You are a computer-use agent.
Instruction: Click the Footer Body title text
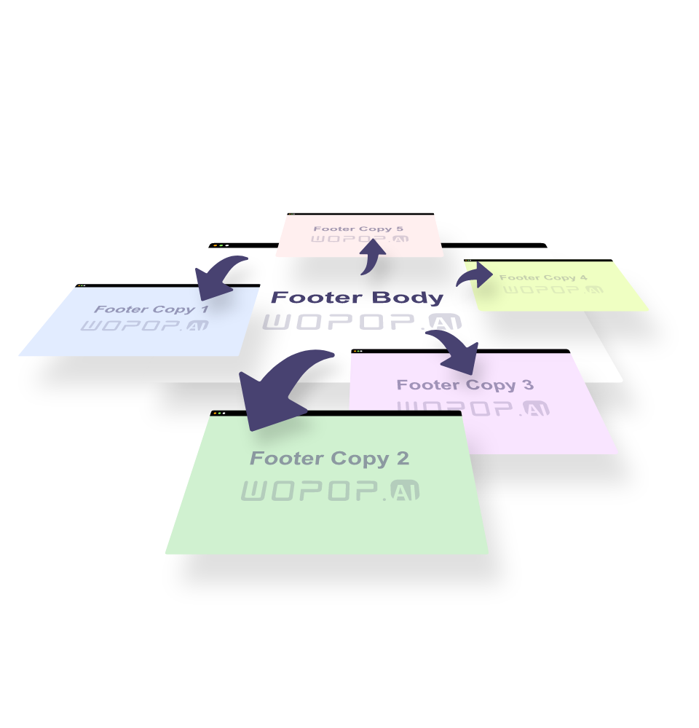[357, 298]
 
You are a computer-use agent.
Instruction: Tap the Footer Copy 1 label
[151, 309]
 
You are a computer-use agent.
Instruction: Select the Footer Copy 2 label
[329, 459]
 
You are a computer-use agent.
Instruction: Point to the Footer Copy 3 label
[465, 385]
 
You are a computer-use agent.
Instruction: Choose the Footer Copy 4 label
[543, 277]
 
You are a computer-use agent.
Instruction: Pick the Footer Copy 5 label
[358, 229]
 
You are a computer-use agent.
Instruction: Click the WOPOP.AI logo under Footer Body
[362, 323]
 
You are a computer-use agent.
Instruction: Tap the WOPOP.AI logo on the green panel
[330, 491]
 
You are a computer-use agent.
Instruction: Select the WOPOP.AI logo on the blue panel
[144, 325]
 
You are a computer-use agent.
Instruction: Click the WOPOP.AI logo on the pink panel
[359, 240]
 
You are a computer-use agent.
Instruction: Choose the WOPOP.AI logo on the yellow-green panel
[553, 289]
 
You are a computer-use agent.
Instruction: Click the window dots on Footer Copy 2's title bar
[218, 413]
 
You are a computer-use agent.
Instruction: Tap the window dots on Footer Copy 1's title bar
[82, 285]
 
